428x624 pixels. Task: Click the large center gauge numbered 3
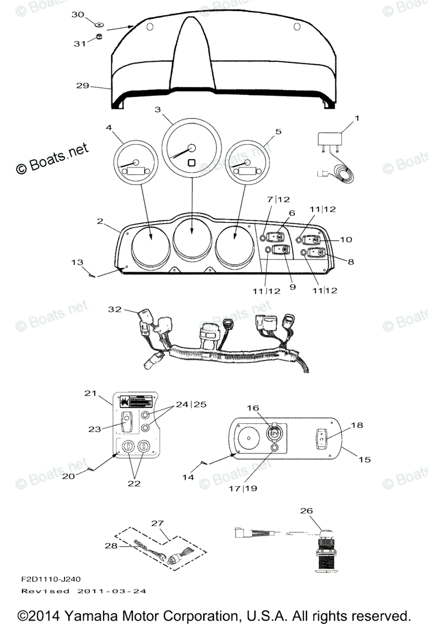point(192,148)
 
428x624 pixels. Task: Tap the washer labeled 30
point(98,24)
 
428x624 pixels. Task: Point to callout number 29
point(82,85)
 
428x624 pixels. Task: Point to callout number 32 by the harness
point(114,309)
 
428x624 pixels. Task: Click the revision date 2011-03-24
point(111,591)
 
